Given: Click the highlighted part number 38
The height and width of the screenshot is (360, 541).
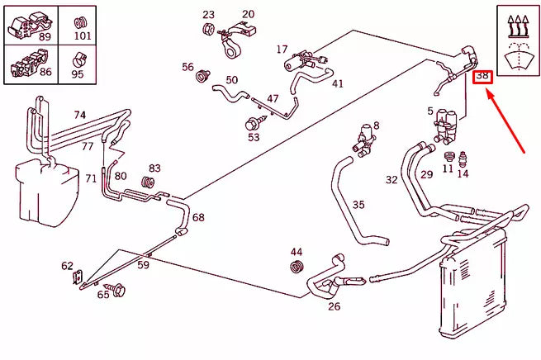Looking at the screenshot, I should pyautogui.click(x=482, y=77).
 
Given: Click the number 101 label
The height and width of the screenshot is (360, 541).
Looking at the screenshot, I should pyautogui.click(x=82, y=36).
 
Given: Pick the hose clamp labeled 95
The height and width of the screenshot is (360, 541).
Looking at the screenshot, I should pyautogui.click(x=78, y=59).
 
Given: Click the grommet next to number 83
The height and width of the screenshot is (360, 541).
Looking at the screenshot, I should pyautogui.click(x=149, y=182).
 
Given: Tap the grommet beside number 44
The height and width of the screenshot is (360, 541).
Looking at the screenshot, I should pyautogui.click(x=297, y=266).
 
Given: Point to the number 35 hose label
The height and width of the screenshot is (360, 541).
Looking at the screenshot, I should pyautogui.click(x=358, y=204).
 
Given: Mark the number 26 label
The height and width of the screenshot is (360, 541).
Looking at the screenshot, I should pyautogui.click(x=334, y=307).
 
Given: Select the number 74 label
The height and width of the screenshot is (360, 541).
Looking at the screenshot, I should pyautogui.click(x=79, y=115).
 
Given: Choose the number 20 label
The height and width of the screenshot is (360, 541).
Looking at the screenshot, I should pyautogui.click(x=248, y=14).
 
